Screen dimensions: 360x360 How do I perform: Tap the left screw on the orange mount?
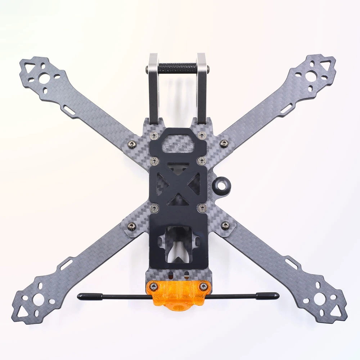click(154, 286)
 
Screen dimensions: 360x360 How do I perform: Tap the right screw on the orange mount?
click(204, 286)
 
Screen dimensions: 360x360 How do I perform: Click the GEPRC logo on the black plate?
click(178, 147)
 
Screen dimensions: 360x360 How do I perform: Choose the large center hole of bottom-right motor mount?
click(320, 298)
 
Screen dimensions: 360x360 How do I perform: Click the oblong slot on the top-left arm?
click(70, 112)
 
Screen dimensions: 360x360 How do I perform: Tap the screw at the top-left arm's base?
click(132, 143)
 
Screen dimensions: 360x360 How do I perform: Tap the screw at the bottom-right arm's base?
click(225, 226)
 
